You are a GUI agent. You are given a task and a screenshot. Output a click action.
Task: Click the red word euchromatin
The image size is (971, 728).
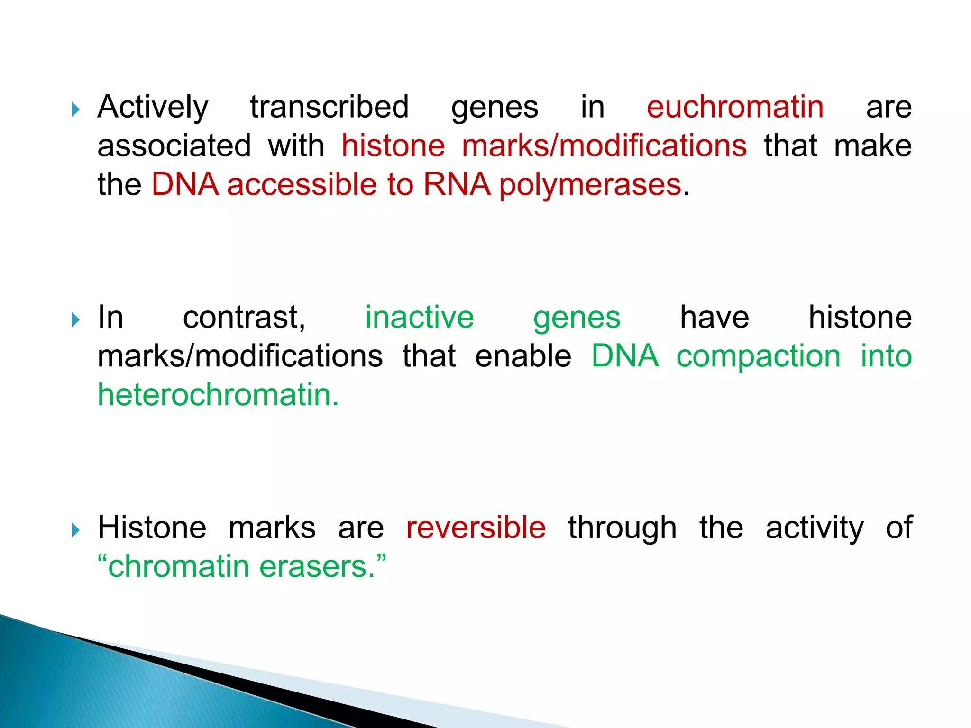[735, 107]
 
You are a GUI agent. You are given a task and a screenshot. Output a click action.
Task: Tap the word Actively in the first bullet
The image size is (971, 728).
[153, 107]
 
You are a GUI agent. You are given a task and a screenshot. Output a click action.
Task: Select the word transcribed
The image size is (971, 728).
[330, 107]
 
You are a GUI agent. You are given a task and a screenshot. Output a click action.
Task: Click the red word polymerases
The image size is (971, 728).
[590, 185]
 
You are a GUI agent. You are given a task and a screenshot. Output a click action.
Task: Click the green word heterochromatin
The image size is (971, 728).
[218, 395]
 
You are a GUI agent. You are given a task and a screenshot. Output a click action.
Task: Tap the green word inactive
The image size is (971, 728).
[419, 317]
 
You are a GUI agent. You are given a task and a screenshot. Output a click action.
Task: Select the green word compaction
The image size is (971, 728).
[758, 356]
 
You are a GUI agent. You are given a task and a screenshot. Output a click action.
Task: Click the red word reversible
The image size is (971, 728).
[476, 528]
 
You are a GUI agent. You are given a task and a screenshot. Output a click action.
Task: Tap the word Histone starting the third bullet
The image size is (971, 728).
[152, 528]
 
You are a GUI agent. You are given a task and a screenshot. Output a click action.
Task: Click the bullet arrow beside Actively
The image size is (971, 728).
[75, 110]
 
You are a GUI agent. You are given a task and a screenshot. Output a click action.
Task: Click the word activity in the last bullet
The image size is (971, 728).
[814, 528]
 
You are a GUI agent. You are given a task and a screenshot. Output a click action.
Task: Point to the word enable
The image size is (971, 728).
[523, 356]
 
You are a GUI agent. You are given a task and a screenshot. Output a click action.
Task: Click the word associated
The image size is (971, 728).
[174, 146]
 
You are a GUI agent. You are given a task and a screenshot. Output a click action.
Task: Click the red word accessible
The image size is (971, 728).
[302, 185]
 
